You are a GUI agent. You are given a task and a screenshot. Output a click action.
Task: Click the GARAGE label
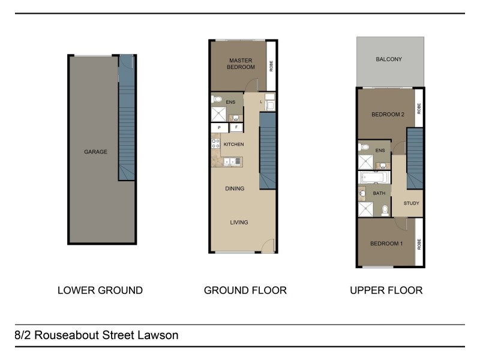[95, 152]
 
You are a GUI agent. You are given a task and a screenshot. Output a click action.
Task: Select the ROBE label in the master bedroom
[271, 65]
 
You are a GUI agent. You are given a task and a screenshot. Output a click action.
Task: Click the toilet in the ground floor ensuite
[217, 100]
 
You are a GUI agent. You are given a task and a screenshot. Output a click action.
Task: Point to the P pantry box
[219, 128]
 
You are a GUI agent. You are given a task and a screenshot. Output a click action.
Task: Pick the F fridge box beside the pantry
[236, 128]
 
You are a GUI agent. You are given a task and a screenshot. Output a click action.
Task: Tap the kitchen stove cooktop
[215, 145]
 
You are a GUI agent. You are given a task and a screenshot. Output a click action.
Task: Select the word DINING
[235, 188]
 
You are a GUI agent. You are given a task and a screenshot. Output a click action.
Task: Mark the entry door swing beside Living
[268, 246]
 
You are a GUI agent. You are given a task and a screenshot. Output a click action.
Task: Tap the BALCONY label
[389, 59]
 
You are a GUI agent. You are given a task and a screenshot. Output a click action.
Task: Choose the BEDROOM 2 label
[387, 115]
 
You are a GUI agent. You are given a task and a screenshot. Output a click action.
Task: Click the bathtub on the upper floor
[374, 178]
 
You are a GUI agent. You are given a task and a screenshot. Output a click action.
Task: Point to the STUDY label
[412, 203]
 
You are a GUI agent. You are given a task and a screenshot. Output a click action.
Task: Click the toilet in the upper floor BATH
[384, 209]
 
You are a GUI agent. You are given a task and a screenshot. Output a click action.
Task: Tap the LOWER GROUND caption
[100, 290]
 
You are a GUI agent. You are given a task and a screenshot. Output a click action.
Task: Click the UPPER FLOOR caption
[386, 290]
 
